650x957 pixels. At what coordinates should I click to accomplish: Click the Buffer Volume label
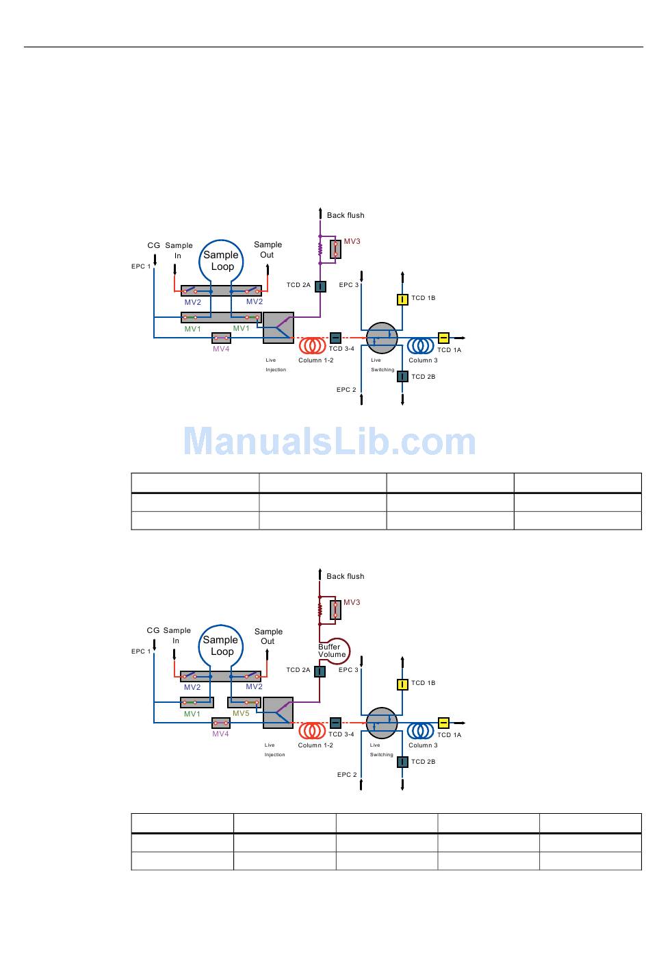[332, 651]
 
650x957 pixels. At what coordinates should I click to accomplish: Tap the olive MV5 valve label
[241, 713]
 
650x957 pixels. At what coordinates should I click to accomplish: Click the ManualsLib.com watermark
[329, 442]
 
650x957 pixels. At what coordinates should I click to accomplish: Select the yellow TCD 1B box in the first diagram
[403, 299]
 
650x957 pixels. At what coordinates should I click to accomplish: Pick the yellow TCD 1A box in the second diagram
[443, 723]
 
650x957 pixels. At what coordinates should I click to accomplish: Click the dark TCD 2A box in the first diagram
[320, 286]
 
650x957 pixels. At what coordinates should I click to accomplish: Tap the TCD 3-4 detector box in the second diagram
[335, 723]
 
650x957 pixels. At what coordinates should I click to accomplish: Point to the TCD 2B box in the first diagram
[403, 376]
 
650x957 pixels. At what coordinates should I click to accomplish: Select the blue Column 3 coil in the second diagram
[421, 730]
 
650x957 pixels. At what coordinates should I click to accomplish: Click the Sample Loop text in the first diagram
[222, 261]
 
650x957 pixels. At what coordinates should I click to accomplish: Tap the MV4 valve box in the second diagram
[221, 722]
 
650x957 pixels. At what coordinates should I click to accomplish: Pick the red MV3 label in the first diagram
[352, 241]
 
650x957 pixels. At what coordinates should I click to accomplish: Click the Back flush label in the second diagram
[346, 576]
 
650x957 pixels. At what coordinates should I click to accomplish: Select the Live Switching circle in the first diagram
[382, 338]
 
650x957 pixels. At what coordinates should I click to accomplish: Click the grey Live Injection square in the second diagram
[278, 713]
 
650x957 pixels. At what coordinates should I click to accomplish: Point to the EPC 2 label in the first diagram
[346, 390]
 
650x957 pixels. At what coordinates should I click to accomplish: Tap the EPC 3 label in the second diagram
[348, 670]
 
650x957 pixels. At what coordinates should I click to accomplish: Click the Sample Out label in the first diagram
[268, 249]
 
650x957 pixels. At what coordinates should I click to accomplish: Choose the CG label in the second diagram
[153, 630]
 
